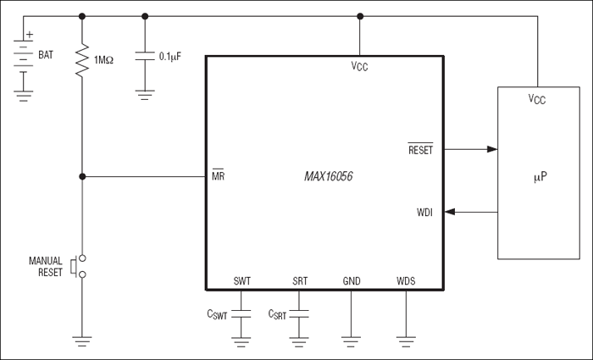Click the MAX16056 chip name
[329, 177]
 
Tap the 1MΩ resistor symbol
[82, 61]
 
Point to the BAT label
[45, 55]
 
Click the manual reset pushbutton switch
[80, 267]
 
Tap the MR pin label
[219, 177]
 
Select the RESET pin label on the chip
[421, 150]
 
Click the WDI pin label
[424, 213]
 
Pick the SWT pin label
[241, 281]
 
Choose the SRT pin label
[300, 281]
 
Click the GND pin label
[351, 281]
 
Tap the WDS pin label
[407, 281]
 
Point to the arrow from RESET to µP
[471, 150]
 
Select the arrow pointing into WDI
[471, 213]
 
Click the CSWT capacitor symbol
[242, 314]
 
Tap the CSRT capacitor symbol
[300, 314]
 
